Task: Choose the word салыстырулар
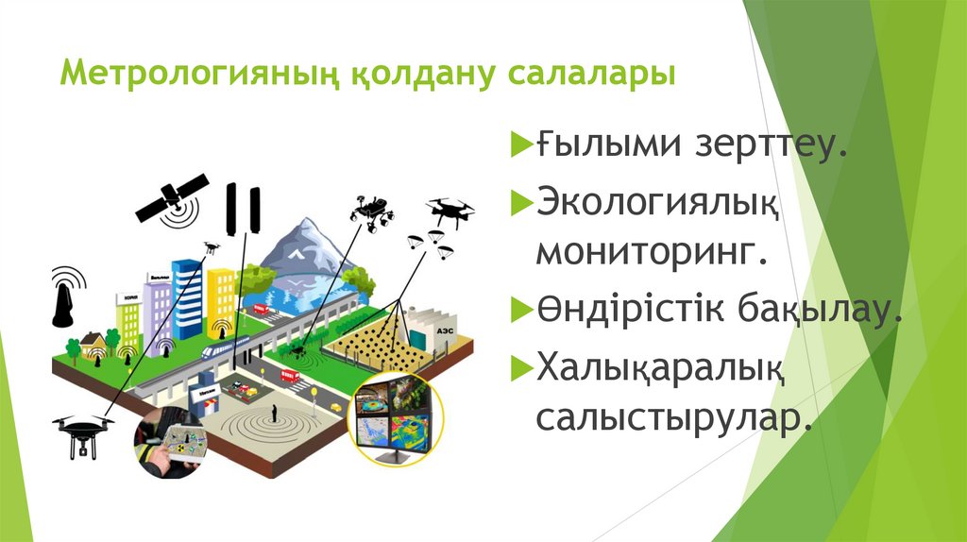click(675, 416)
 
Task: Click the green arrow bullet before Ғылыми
click(522, 146)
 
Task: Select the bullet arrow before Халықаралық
click(522, 364)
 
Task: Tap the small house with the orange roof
click(93, 342)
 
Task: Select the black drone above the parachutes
click(450, 210)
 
